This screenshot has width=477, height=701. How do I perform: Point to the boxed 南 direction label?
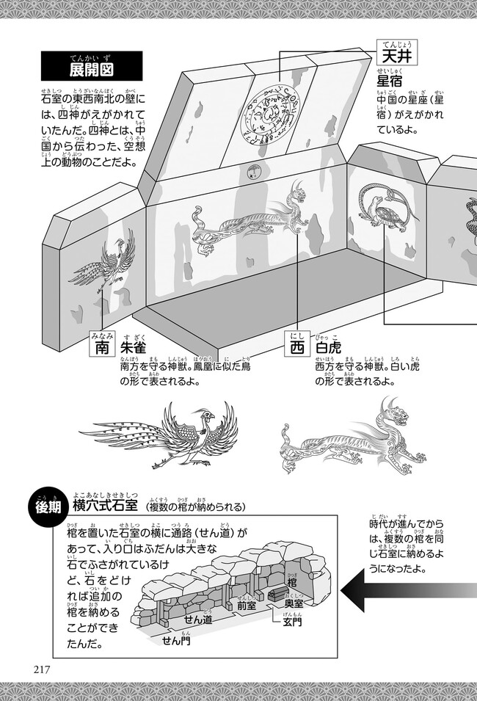coord(101,346)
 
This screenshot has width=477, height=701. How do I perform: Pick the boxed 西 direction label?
coord(296,346)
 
